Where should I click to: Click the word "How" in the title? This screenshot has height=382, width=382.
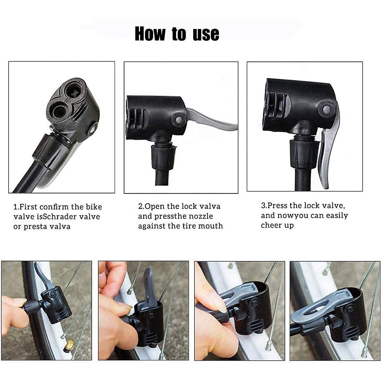(150, 34)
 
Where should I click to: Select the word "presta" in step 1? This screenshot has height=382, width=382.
(35, 227)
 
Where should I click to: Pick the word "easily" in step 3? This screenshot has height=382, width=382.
(337, 216)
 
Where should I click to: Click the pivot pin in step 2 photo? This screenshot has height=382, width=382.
(179, 120)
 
